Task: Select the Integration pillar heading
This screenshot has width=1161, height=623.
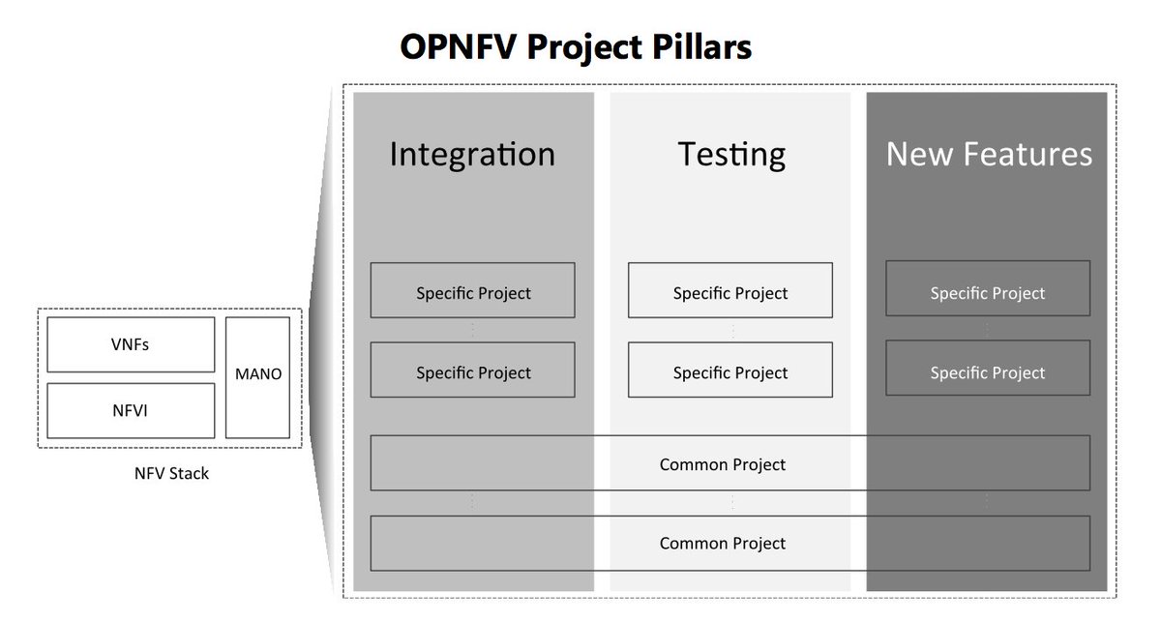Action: (472, 155)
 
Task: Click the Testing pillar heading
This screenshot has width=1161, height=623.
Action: (730, 155)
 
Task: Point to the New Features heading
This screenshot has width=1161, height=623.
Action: (989, 155)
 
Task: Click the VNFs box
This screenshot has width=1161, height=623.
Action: (131, 344)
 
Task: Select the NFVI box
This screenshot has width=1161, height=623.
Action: (131, 411)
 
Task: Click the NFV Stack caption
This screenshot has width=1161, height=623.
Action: (171, 474)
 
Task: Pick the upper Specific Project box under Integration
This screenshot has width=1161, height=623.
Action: (473, 293)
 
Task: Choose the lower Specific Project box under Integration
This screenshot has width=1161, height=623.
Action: (473, 372)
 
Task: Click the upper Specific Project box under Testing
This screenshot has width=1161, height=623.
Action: (730, 293)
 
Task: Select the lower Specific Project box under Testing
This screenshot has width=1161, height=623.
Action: (730, 372)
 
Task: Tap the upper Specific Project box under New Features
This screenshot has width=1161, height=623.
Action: (988, 293)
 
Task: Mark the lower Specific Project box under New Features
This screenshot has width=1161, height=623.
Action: (988, 372)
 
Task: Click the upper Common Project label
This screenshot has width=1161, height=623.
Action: (723, 464)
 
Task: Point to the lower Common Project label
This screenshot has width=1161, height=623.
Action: (723, 544)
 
